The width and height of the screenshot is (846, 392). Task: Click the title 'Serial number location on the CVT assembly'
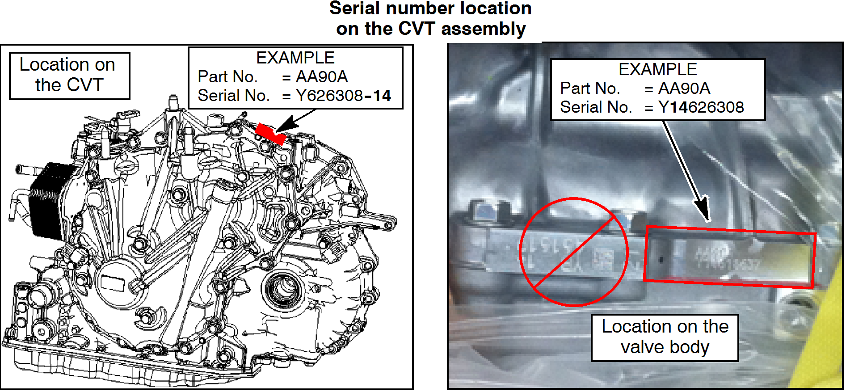pyautogui.click(x=430, y=19)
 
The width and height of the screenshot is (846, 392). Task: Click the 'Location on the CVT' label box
pyautogui.click(x=69, y=75)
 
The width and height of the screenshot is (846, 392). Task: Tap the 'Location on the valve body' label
pyautogui.click(x=665, y=337)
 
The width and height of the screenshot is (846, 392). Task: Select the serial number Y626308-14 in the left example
pyautogui.click(x=343, y=96)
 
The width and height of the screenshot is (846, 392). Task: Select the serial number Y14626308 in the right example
pyautogui.click(x=701, y=107)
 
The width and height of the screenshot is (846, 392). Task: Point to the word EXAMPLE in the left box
pyautogui.click(x=295, y=58)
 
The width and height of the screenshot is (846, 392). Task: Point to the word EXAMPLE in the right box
pyautogui.click(x=657, y=69)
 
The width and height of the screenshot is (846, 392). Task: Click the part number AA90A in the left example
pyautogui.click(x=321, y=77)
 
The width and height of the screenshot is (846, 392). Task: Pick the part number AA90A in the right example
pyautogui.click(x=684, y=89)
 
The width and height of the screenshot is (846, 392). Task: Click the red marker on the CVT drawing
pyautogui.click(x=270, y=134)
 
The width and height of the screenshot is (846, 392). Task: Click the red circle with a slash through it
pyautogui.click(x=574, y=252)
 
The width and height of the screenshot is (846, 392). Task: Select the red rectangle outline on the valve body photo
pyautogui.click(x=729, y=257)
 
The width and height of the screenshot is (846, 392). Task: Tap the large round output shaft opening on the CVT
pyautogui.click(x=282, y=288)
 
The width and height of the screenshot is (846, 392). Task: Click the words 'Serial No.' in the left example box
pyautogui.click(x=233, y=96)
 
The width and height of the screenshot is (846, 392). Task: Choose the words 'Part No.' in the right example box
pyautogui.click(x=590, y=89)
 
